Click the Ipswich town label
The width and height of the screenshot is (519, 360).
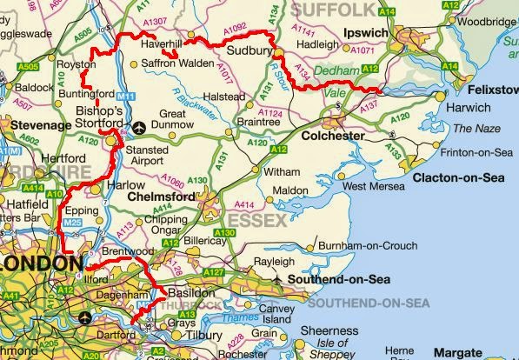[x=364, y=32]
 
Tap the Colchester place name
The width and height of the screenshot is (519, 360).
[x=331, y=136]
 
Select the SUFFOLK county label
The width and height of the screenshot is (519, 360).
[x=331, y=9]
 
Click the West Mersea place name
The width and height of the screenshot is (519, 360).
[x=374, y=186]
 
